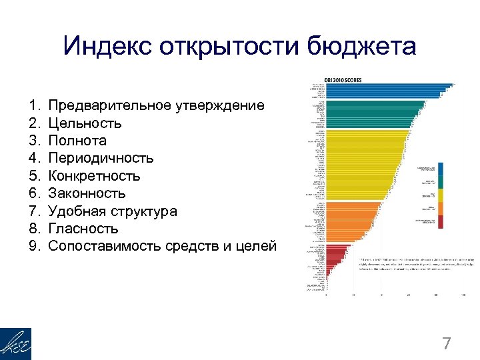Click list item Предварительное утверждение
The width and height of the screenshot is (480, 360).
[x=156, y=105]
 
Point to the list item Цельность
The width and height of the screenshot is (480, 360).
[x=85, y=123]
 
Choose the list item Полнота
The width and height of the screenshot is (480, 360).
[x=77, y=141]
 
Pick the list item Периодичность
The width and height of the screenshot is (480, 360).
[x=101, y=158]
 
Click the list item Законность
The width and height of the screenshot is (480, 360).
[x=87, y=193]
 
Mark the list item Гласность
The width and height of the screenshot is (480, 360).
[x=83, y=229]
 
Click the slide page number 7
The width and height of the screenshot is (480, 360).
[x=447, y=344]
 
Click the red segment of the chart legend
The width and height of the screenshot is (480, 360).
[x=441, y=222]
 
